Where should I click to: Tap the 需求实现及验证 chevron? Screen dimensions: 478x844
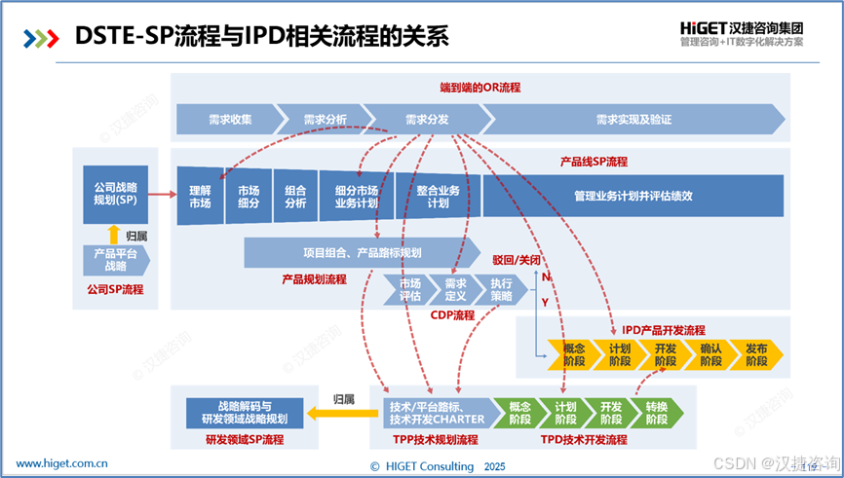(x=633, y=120)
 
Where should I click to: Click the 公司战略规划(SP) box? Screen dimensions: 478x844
(x=115, y=194)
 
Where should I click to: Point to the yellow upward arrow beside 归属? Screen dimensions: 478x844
(x=114, y=234)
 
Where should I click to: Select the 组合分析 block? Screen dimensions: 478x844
(x=295, y=197)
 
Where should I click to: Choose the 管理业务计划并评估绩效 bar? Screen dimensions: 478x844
(x=633, y=196)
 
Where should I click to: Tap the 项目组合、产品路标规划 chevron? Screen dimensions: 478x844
(x=362, y=252)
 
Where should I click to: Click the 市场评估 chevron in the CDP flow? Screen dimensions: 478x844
(x=409, y=289)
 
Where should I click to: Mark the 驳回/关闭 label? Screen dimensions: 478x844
(x=517, y=261)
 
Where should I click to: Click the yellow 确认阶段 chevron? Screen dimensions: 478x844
(x=710, y=354)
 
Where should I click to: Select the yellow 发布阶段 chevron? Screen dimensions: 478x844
(x=756, y=354)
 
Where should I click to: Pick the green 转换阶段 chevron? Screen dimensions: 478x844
(x=656, y=413)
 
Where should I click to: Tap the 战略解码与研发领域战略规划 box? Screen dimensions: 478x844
(x=238, y=413)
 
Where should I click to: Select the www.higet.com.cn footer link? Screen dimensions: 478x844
(x=61, y=463)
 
